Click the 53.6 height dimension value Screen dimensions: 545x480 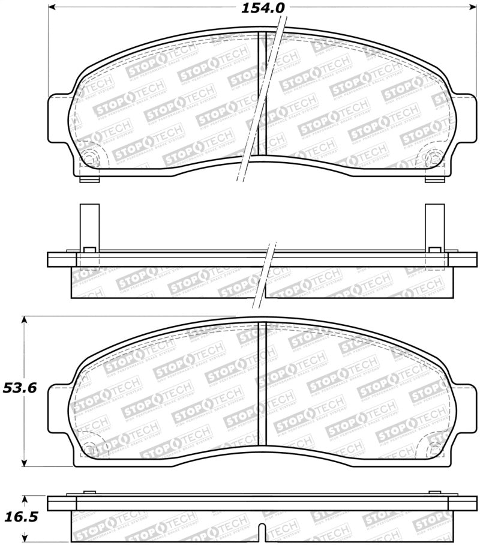[x=20, y=388]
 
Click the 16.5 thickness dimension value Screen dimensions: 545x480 [x=20, y=517]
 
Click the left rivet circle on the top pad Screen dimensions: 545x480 [x=89, y=158]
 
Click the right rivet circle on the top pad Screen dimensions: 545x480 [x=434, y=158]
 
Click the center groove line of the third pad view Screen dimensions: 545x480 [x=262, y=384]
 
